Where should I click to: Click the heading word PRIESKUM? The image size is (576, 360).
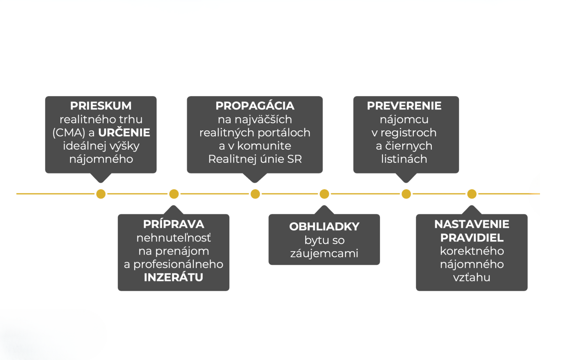click(x=101, y=106)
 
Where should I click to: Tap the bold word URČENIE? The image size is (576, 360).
click(x=124, y=132)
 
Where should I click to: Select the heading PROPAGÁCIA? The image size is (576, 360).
click(x=255, y=106)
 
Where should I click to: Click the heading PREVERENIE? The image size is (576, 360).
click(x=404, y=106)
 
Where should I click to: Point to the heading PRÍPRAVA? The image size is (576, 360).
click(x=173, y=224)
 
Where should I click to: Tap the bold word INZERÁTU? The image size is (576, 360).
click(x=173, y=277)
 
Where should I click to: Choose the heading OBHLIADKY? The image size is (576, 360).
click(x=324, y=227)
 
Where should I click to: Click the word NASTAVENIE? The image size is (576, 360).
click(x=472, y=224)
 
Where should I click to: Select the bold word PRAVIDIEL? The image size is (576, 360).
click(x=472, y=238)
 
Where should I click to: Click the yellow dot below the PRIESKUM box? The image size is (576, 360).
click(x=101, y=194)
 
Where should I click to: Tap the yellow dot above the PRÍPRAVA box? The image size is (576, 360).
click(x=174, y=194)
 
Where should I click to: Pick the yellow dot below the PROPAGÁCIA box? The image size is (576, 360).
click(x=255, y=194)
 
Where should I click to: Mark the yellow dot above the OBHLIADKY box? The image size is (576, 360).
click(x=324, y=194)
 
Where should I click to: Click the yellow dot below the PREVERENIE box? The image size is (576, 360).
click(x=406, y=194)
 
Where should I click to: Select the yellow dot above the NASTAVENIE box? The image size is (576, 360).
click(x=472, y=194)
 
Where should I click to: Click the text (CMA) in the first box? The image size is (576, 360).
click(x=69, y=133)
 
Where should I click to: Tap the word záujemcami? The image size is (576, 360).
click(x=324, y=253)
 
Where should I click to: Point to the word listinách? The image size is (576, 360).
click(x=404, y=159)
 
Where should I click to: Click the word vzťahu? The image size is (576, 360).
click(x=472, y=277)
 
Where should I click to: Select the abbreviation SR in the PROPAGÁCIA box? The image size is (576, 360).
click(x=295, y=159)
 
